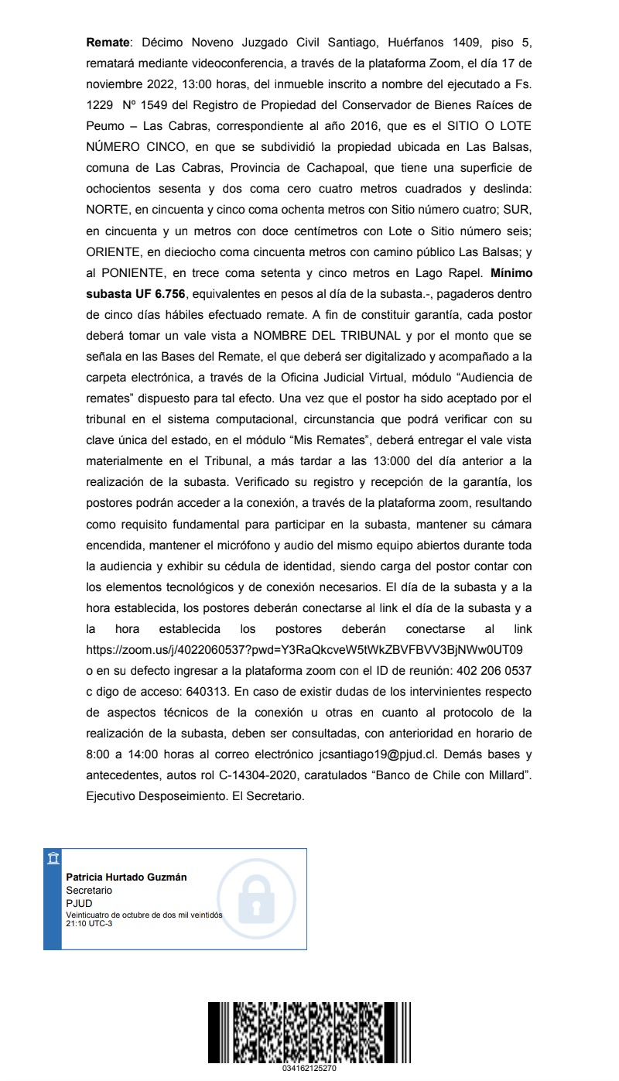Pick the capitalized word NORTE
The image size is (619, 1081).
tap(106, 209)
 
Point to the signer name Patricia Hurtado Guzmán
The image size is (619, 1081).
tap(126, 877)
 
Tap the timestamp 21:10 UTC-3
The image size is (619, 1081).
tap(89, 922)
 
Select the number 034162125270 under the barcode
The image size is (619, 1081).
tap(309, 1069)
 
